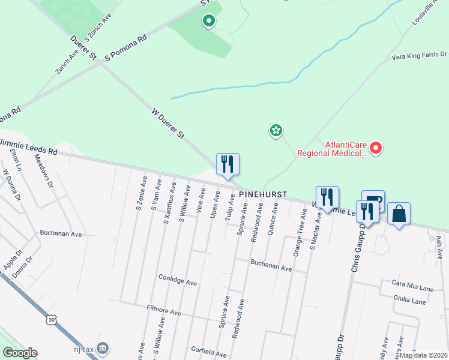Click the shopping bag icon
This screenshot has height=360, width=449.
(x=399, y=214)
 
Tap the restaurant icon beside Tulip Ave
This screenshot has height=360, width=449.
(x=228, y=164)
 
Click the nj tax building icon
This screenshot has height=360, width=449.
(x=103, y=347)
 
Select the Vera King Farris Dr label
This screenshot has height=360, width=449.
(x=419, y=56)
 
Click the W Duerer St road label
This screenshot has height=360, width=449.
(x=167, y=124)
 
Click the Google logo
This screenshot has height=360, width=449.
(x=20, y=353)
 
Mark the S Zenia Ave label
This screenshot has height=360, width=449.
(x=141, y=193)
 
